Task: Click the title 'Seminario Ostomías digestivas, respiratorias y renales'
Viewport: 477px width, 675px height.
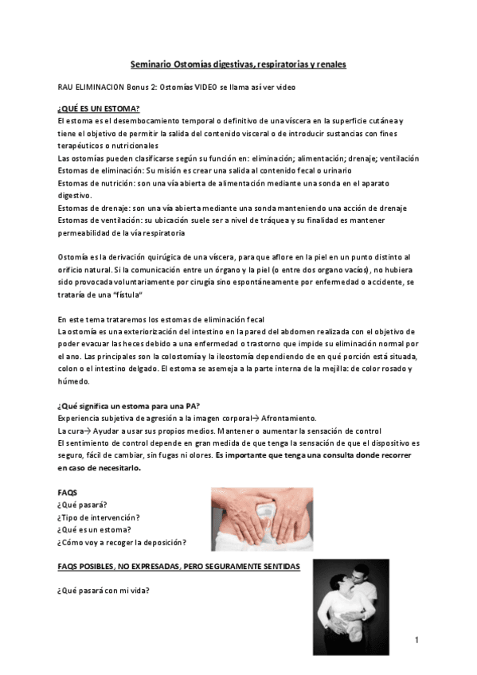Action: [x=238, y=63]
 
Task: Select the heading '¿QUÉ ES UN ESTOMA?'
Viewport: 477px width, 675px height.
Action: [x=99, y=108]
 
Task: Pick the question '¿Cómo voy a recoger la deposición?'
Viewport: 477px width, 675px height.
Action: [x=122, y=542]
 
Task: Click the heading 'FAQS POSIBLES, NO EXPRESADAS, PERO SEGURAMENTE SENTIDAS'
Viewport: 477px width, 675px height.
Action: [x=179, y=566]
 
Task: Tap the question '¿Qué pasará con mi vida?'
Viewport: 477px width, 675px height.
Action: [x=104, y=591]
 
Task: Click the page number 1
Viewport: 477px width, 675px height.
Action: [x=416, y=639]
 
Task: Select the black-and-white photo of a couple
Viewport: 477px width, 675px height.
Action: [x=350, y=602]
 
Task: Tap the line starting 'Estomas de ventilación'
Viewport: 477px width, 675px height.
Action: [x=228, y=220]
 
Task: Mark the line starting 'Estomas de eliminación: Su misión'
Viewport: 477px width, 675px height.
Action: [x=217, y=171]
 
